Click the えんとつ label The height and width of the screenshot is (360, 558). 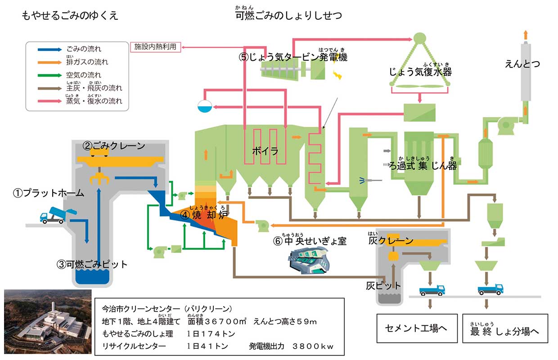522,64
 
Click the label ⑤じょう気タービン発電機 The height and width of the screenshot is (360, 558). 293,58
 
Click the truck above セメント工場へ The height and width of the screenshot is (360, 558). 432,290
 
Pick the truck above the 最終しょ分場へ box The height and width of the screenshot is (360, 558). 490,289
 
